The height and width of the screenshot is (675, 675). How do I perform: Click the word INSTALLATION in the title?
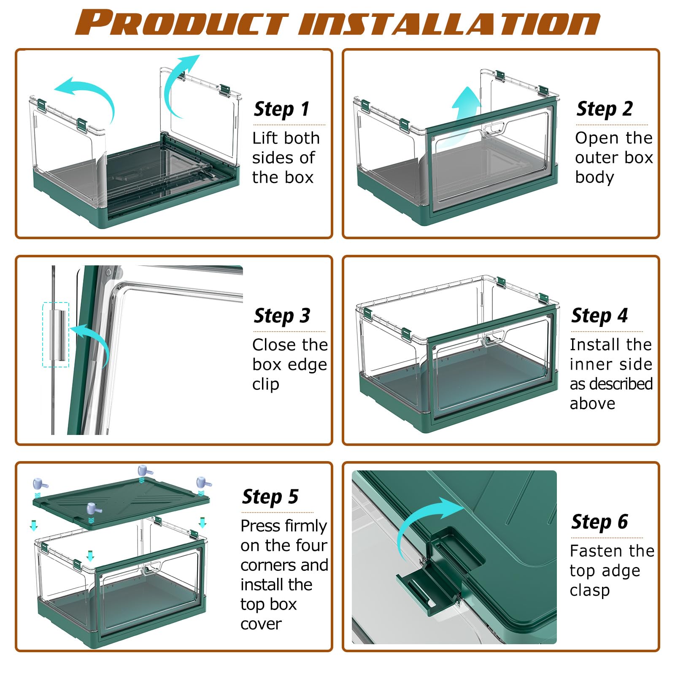coord(450,23)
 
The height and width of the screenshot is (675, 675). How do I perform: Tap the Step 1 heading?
coord(281,109)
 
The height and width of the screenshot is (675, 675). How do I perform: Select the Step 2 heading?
coord(605,109)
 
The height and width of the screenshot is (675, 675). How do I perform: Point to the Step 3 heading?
coord(282,316)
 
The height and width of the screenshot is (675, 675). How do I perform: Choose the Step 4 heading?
coord(599,316)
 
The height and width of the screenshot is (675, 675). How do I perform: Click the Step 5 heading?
coord(270,497)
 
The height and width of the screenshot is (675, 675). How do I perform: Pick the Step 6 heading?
coord(599,522)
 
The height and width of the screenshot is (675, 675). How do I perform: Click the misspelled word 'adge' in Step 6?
coord(622,571)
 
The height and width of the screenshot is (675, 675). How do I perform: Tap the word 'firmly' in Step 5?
coord(305,526)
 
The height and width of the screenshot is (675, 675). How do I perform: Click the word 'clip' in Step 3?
coord(266,384)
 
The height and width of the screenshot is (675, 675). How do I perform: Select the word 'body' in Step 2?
coord(594,178)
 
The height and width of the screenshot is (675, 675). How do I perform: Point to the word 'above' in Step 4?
coord(592,404)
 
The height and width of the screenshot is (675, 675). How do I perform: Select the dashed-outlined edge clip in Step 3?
coord(56,335)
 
